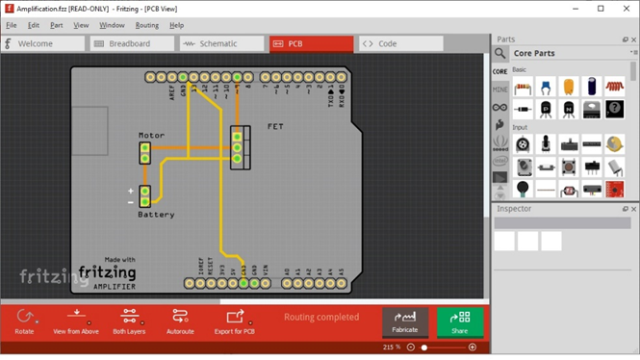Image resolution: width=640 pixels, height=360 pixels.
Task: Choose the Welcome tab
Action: tap(42, 43)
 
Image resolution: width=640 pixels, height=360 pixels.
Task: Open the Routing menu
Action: tap(147, 25)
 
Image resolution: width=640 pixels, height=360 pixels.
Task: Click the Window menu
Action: tap(112, 25)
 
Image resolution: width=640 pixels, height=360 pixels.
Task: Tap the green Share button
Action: tap(460, 321)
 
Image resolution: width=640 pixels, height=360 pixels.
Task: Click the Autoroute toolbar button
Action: tap(180, 321)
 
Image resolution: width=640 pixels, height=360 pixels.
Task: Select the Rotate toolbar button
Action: tap(25, 321)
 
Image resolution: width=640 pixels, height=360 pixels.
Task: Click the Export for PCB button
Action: tap(235, 321)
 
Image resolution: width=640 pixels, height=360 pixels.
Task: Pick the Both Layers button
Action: tap(128, 321)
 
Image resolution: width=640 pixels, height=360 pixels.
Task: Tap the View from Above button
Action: tap(76, 321)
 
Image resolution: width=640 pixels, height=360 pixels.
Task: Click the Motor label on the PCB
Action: tap(151, 136)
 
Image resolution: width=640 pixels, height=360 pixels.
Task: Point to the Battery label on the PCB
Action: tap(156, 215)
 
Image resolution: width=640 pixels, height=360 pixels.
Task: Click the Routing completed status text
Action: tap(321, 317)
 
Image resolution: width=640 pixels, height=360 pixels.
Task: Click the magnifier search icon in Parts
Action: tap(500, 53)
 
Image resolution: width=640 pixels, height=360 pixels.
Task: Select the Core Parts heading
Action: tap(548, 53)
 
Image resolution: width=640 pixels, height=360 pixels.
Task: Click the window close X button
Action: tap(625, 8)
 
